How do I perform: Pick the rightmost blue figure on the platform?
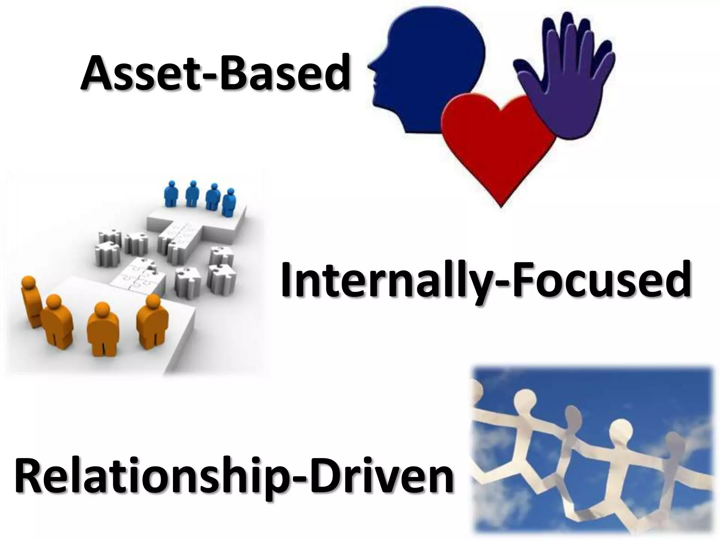click(229, 204)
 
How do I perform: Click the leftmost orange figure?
click(30, 301)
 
